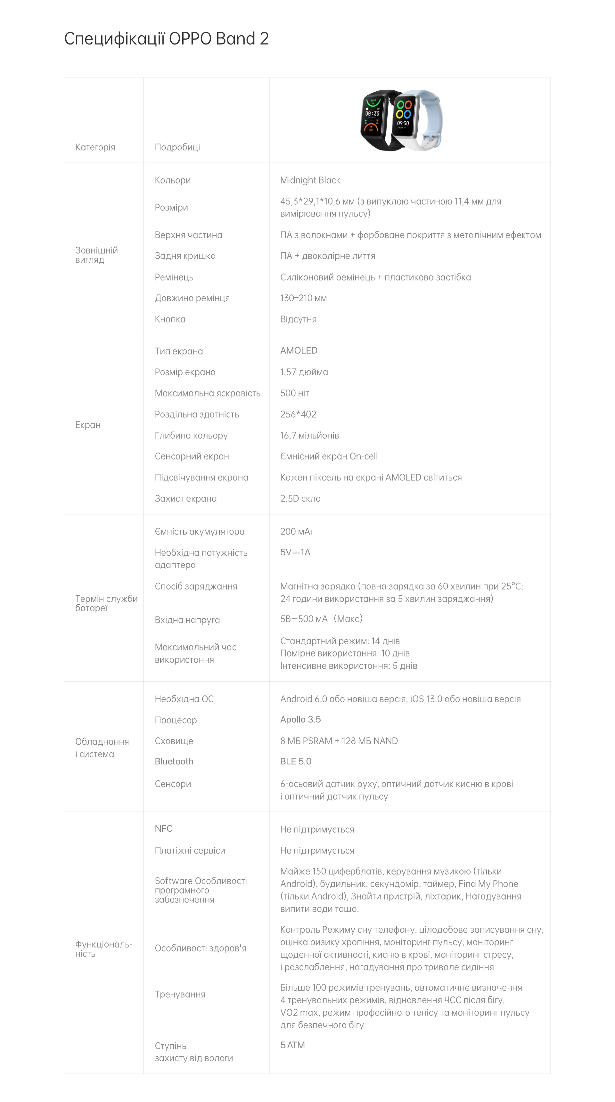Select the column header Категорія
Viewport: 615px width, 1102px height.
click(x=95, y=147)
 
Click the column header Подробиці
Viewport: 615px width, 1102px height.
click(x=177, y=147)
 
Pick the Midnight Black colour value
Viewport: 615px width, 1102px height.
click(x=310, y=180)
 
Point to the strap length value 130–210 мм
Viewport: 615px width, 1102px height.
click(x=303, y=298)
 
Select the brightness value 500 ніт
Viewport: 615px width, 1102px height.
click(x=294, y=393)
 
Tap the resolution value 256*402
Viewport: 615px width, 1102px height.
click(x=298, y=414)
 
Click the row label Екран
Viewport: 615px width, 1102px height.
click(x=88, y=425)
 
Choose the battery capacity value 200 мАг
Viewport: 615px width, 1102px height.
click(x=296, y=531)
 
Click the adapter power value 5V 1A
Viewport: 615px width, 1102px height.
click(x=295, y=552)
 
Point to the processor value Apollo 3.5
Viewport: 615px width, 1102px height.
click(x=300, y=720)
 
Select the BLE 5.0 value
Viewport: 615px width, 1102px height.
click(x=295, y=762)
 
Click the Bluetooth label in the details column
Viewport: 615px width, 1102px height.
click(x=174, y=762)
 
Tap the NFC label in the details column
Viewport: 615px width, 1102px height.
click(x=163, y=829)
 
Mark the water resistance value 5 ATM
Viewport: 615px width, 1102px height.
click(x=292, y=1045)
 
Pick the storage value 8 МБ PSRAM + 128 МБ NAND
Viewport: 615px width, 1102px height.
click(x=339, y=741)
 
